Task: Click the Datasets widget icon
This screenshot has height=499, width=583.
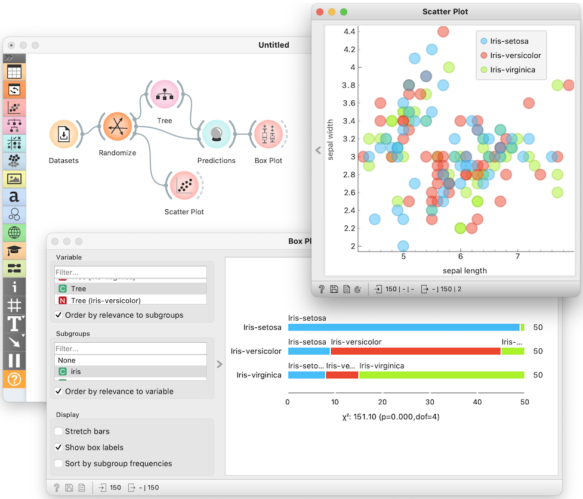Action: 63,135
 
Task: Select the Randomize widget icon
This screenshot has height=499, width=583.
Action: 117,126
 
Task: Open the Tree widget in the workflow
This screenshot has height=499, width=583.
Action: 164,95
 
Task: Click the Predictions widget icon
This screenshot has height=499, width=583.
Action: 216,135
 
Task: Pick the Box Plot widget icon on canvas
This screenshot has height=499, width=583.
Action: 269,135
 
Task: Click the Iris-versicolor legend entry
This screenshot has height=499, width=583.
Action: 515,55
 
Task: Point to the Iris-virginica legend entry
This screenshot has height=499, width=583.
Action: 512,70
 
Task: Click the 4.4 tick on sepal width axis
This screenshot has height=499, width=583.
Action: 348,31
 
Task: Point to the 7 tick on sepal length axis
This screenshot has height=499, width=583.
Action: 517,257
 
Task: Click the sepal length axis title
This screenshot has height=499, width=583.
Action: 464,271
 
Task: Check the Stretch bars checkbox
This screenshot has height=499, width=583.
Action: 58,431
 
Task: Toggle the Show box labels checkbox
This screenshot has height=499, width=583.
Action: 58,447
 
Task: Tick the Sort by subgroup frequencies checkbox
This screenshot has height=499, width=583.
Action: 58,463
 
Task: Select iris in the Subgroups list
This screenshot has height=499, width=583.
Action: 75,371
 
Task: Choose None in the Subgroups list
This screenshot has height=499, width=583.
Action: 67,360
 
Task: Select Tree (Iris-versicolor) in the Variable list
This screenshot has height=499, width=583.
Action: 106,300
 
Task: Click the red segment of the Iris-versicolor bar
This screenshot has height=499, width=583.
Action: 415,351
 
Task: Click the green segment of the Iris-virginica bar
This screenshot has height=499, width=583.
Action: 442,375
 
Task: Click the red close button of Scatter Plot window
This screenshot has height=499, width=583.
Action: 320,12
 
